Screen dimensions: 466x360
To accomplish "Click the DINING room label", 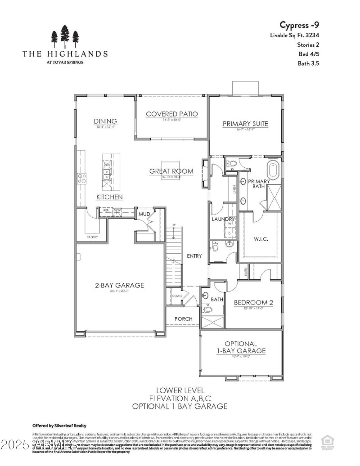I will point(105,121).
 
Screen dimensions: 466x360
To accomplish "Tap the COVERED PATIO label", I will point(171,114).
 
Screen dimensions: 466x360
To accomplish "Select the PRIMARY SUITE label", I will point(246,123).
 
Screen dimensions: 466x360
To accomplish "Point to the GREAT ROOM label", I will point(171,171).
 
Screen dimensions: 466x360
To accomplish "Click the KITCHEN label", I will point(109,197).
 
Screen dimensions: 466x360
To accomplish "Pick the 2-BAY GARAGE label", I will point(119,285).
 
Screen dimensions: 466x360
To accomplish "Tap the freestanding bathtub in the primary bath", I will point(273,171).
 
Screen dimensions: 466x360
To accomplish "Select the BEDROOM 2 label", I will point(253,303).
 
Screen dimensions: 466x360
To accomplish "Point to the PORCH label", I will point(183,319).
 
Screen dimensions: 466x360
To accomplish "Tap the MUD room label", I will point(144,214).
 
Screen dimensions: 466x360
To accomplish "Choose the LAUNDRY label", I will point(224,219).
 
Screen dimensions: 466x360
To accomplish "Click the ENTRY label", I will point(194,256).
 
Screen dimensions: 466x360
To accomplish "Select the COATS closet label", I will point(177,296).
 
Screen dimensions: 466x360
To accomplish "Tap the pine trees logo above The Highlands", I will point(65,36).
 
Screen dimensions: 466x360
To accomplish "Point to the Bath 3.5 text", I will point(308,63).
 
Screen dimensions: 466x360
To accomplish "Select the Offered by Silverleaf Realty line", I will point(59,426).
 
